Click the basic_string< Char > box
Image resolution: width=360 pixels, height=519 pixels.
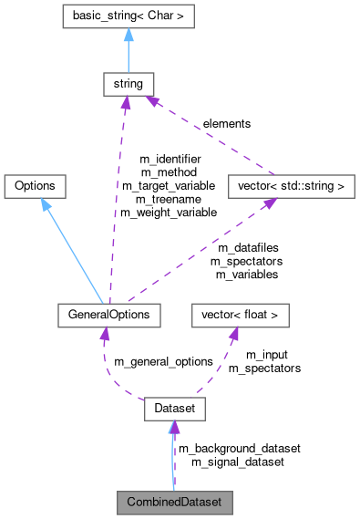(x=128, y=16)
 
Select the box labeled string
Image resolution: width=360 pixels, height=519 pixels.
(x=127, y=85)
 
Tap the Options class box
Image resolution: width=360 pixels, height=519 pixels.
(x=35, y=186)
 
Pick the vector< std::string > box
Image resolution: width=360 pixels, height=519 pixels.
(x=290, y=186)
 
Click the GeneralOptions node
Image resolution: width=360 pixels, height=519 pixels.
(x=108, y=315)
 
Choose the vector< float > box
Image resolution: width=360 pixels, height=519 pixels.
(x=240, y=315)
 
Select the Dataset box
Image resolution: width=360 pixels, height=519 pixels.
(x=173, y=410)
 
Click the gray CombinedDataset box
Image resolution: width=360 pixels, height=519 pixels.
(x=173, y=502)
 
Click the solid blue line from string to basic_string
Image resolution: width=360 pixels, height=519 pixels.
(x=128, y=55)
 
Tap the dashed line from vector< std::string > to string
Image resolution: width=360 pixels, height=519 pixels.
(x=210, y=137)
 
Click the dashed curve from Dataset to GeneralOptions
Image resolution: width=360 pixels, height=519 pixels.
(x=108, y=374)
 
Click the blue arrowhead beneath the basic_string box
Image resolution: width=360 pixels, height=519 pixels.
(x=128, y=34)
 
